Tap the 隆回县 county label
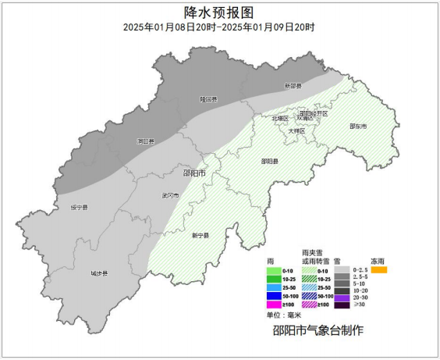pos(208,99)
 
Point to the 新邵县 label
pos(293,86)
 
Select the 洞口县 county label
pos(145,141)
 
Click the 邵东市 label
pos(358,126)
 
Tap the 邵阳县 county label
pos(269,161)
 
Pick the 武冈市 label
pos(170,195)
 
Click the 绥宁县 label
pos(80,208)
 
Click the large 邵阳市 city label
pos(193,173)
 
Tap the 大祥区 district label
pos(296,130)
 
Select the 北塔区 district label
pos(280,118)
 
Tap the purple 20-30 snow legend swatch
pos(340,297)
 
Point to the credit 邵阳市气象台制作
pos(318,331)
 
